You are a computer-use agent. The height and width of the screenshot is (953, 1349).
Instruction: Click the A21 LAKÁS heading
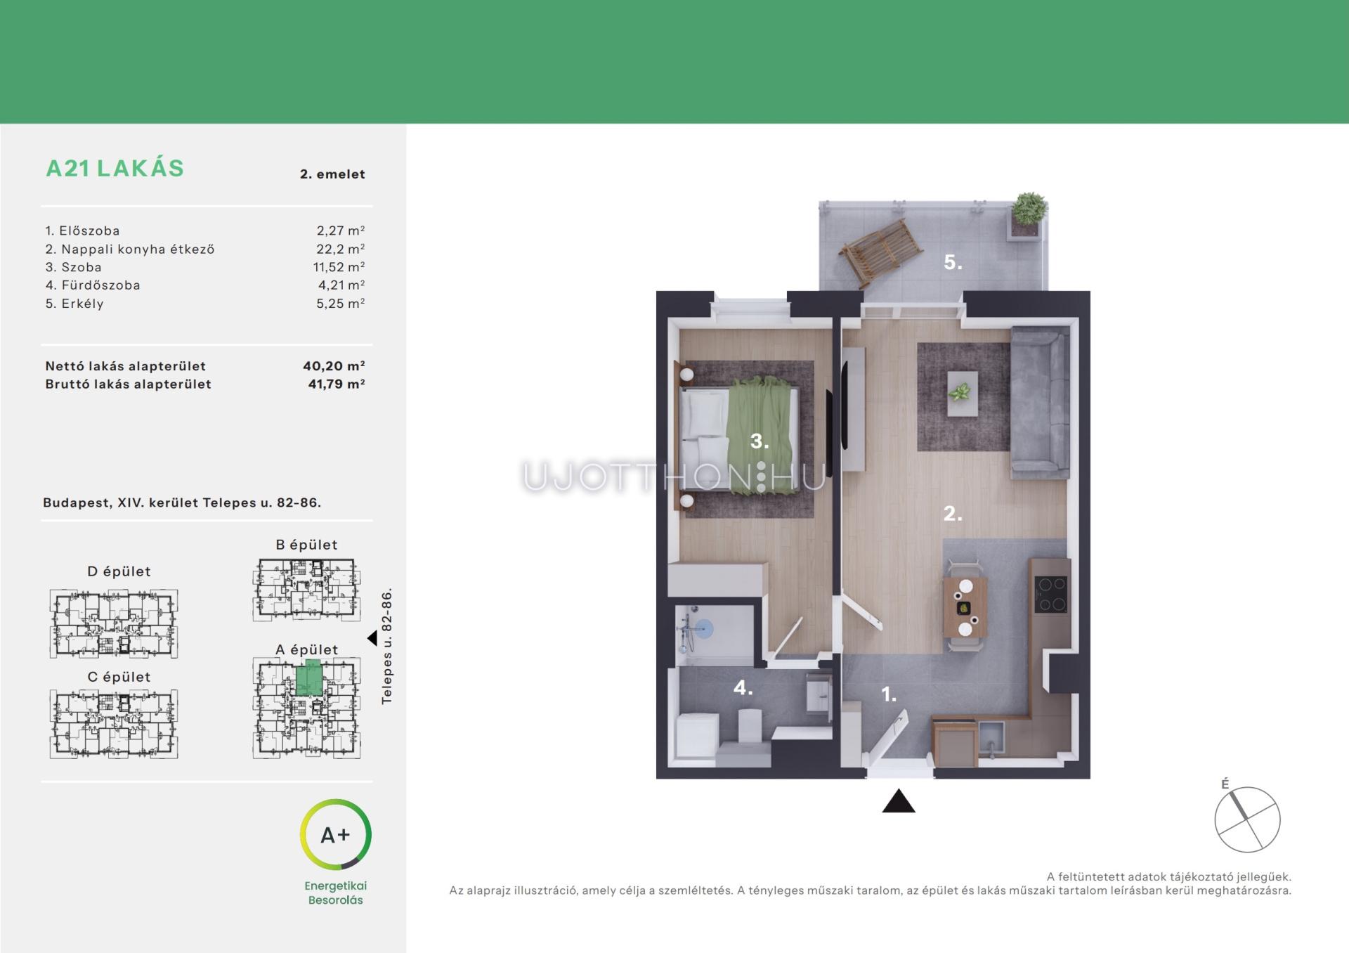pyautogui.click(x=115, y=169)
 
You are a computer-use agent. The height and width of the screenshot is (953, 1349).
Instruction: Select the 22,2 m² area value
pyautogui.click(x=340, y=249)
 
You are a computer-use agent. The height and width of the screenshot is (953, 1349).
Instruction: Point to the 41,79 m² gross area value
pyautogui.click(x=337, y=384)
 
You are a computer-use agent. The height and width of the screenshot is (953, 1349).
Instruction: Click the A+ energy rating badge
pyautogui.click(x=335, y=834)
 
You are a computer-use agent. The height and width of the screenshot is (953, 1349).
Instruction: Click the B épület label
pyautogui.click(x=306, y=545)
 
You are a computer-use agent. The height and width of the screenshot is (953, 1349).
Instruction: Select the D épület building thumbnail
pyautogui.click(x=114, y=623)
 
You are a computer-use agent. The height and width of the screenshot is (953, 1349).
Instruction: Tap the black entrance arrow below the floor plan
pyautogui.click(x=899, y=802)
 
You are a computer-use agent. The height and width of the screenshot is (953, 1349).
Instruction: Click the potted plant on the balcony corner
pyautogui.click(x=1029, y=210)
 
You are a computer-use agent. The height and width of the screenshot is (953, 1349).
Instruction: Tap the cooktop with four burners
pyautogui.click(x=1051, y=594)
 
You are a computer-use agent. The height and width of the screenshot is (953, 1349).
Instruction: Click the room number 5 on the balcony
pyautogui.click(x=953, y=263)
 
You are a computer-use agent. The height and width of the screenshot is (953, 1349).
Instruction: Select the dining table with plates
pyautogui.click(x=965, y=607)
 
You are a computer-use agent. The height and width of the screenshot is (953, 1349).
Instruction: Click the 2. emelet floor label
pyautogui.click(x=332, y=174)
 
